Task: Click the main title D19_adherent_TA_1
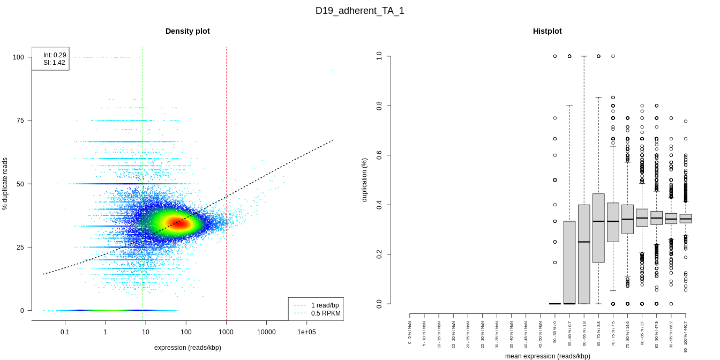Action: [359, 11]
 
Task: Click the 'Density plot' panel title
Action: [187, 31]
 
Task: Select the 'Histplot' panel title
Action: [547, 31]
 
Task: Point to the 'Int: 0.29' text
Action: [55, 55]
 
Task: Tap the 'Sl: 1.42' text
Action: [54, 63]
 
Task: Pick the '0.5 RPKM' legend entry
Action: [326, 313]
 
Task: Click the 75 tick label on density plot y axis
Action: [19, 121]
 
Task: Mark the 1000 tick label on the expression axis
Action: [226, 332]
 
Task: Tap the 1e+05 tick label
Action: [306, 332]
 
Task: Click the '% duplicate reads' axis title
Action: [5, 184]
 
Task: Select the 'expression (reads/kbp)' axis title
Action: [187, 348]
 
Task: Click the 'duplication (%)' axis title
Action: [365, 180]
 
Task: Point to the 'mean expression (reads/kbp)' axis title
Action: [547, 356]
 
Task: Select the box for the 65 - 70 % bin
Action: [598, 228]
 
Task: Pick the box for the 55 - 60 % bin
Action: [569, 262]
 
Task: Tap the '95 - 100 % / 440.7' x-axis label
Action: [686, 336]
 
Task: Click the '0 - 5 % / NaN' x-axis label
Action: [410, 333]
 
